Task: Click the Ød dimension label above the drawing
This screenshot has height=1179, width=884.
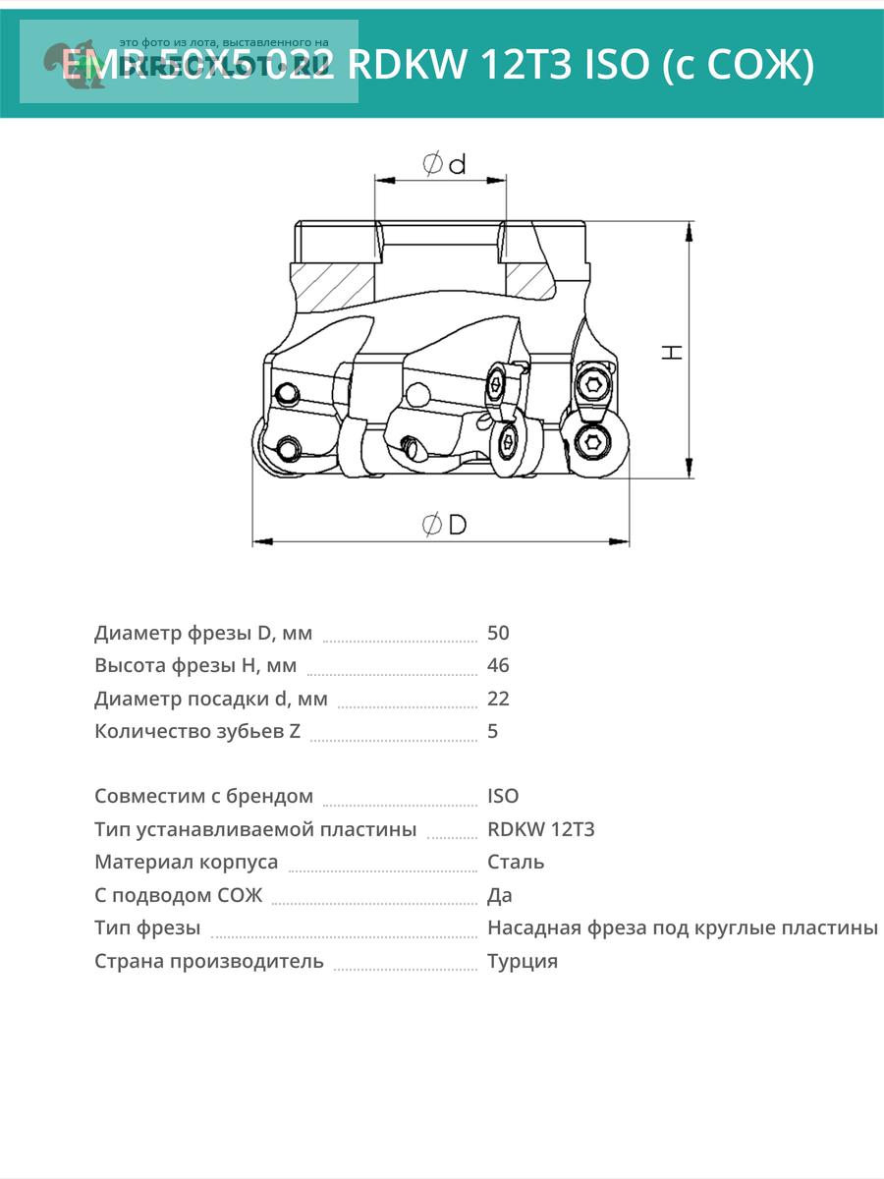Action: click(x=444, y=164)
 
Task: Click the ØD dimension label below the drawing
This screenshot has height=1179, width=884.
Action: click(x=444, y=525)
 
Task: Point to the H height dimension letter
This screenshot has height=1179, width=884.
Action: click(x=673, y=351)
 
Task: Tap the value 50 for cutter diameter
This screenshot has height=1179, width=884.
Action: click(x=498, y=633)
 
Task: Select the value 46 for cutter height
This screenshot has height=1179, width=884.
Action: click(x=498, y=665)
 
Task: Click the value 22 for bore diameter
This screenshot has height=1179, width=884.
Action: click(x=498, y=699)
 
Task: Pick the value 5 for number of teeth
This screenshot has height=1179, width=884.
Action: click(x=493, y=731)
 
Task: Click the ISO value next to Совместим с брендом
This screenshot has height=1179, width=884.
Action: click(x=503, y=796)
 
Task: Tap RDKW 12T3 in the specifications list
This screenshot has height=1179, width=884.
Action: click(x=540, y=829)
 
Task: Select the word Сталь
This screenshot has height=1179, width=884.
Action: click(x=516, y=862)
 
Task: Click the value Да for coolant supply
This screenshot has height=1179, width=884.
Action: click(x=499, y=895)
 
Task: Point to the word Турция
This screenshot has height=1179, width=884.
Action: click(x=523, y=961)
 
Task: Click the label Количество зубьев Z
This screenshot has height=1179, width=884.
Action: click(x=197, y=731)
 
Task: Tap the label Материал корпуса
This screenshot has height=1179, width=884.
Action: click(x=187, y=862)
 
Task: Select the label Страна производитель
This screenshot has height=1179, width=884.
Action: click(x=209, y=961)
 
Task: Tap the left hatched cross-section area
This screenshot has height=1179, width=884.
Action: click(x=334, y=285)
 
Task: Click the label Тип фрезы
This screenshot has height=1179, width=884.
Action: click(x=147, y=927)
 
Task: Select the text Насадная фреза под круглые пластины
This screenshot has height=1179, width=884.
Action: click(x=683, y=927)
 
